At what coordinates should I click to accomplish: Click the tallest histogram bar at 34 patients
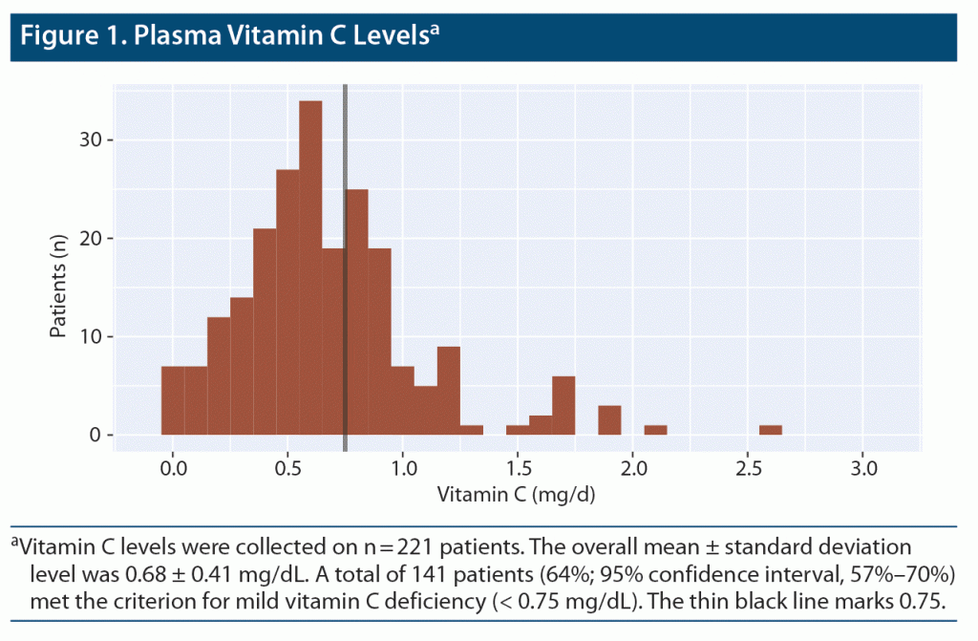tap(310, 267)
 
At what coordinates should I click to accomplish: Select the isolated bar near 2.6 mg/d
tap(771, 430)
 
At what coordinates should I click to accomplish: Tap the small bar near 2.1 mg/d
tap(655, 430)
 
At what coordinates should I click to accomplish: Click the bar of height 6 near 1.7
tap(563, 406)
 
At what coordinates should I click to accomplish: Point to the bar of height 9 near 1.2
tap(449, 391)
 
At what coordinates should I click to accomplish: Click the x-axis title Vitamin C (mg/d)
tap(517, 497)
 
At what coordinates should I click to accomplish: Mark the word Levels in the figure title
tap(381, 37)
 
